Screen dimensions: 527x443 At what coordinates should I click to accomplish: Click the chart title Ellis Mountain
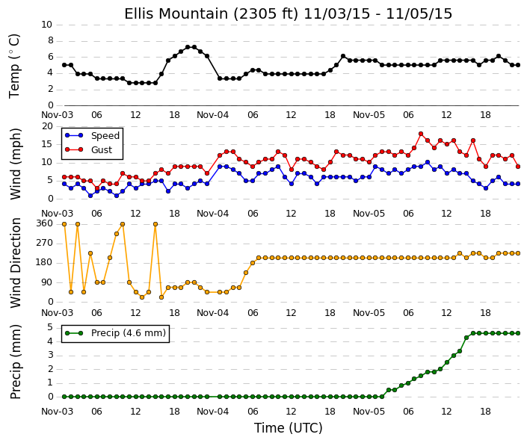pyautogui.click(x=288, y=14)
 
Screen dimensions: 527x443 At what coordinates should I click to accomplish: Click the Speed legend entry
pyautogui.click(x=92, y=136)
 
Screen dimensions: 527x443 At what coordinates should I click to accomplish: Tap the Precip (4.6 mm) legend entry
pyautogui.click(x=115, y=333)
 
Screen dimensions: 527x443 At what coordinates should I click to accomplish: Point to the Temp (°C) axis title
pyautogui.click(x=15, y=66)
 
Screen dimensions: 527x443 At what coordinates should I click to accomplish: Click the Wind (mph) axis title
pyautogui.click(x=16, y=164)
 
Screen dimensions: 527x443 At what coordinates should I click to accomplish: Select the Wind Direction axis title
pyautogui.click(x=16, y=263)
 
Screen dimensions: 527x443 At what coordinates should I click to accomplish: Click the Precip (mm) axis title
pyautogui.click(x=16, y=362)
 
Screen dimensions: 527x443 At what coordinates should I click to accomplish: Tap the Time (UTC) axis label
pyautogui.click(x=288, y=428)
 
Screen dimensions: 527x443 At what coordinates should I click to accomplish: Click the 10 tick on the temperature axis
pyautogui.click(x=46, y=25)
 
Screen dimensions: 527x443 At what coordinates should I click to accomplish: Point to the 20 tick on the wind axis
pyautogui.click(x=47, y=126)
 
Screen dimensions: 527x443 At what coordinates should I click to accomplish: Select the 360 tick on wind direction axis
pyautogui.click(x=44, y=223)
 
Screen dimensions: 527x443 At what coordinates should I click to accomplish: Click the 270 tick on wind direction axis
pyautogui.click(x=44, y=243)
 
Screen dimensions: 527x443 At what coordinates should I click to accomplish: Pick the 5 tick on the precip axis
pyautogui.click(x=50, y=327)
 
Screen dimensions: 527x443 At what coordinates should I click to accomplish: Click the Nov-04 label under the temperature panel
pyautogui.click(x=212, y=115)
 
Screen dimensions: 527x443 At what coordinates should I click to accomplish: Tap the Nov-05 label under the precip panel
pyautogui.click(x=369, y=412)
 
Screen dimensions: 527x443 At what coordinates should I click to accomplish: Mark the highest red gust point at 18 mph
pyautogui.click(x=421, y=134)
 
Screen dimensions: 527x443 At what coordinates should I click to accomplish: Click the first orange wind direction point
pyautogui.click(x=64, y=224)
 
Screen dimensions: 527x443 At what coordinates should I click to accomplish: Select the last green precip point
pyautogui.click(x=518, y=333)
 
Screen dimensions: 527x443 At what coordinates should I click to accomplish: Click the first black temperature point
pyautogui.click(x=64, y=65)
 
